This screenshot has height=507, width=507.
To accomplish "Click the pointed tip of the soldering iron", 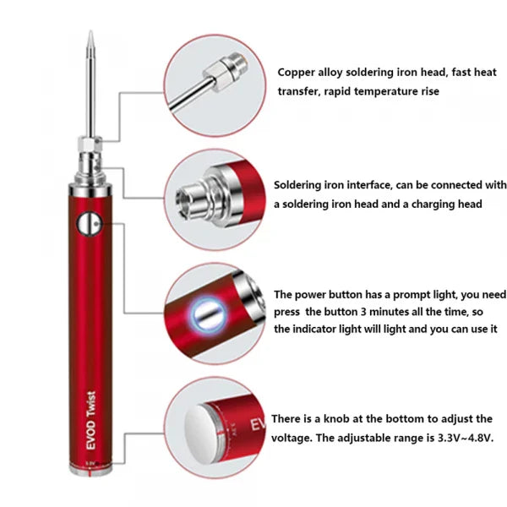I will click(x=90, y=35).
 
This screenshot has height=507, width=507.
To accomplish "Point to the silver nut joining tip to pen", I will click(x=90, y=150).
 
